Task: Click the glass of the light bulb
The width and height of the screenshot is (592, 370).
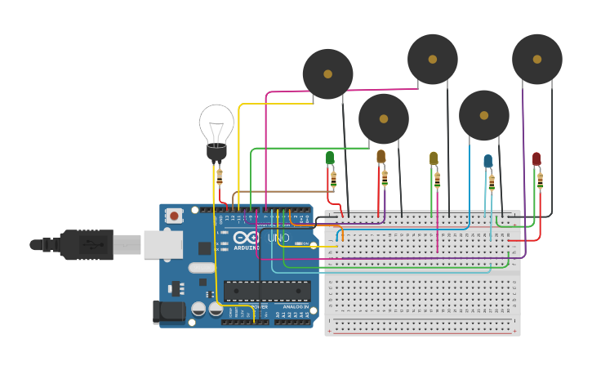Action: [x=216, y=123]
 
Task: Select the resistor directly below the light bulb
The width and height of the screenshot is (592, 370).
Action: [x=220, y=176]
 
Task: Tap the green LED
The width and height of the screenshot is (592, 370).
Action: [x=330, y=158]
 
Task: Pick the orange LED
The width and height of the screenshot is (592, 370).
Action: [x=381, y=156]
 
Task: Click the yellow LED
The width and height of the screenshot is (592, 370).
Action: [x=434, y=158]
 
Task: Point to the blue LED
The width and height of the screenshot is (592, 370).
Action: [x=487, y=161]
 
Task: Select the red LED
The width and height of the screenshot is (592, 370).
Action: [x=536, y=158]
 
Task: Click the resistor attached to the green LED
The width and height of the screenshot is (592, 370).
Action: [x=333, y=179]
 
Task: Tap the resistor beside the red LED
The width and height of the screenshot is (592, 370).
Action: [x=540, y=180]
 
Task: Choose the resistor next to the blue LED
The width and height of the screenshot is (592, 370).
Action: [x=491, y=181]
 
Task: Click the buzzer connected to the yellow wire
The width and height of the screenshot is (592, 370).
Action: [x=327, y=74]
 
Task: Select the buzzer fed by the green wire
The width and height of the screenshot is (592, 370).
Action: [x=383, y=118]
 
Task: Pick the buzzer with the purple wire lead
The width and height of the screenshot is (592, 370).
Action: [x=536, y=59]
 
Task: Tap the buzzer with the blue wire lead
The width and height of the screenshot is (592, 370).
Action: [x=483, y=115]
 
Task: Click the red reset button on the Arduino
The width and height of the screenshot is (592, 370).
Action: [x=174, y=216]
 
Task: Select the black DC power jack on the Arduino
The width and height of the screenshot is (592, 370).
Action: [x=169, y=312]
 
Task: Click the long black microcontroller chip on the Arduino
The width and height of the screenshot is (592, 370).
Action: [x=267, y=290]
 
